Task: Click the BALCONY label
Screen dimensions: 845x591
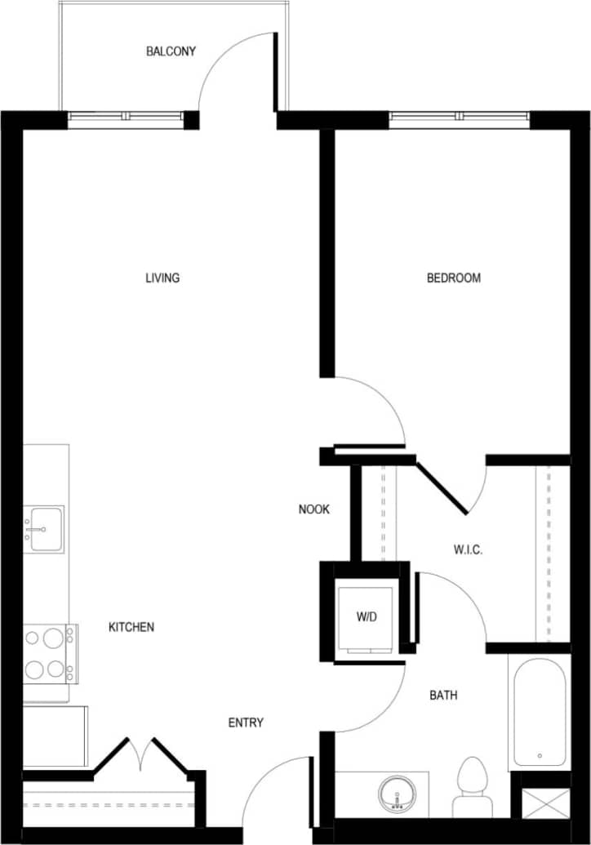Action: tap(171, 51)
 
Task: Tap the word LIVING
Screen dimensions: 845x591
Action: tap(162, 278)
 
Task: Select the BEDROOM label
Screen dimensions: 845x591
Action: tap(454, 278)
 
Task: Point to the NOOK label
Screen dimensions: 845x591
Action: tap(314, 509)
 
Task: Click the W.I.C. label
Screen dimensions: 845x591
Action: tap(468, 550)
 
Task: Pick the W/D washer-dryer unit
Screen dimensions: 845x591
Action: tap(367, 618)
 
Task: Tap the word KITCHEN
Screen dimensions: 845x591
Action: tap(131, 627)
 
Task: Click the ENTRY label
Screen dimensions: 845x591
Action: tap(246, 723)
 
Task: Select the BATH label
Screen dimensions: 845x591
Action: tap(443, 696)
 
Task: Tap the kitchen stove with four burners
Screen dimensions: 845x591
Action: tap(47, 653)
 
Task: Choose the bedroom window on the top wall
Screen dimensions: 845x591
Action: tap(460, 120)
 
